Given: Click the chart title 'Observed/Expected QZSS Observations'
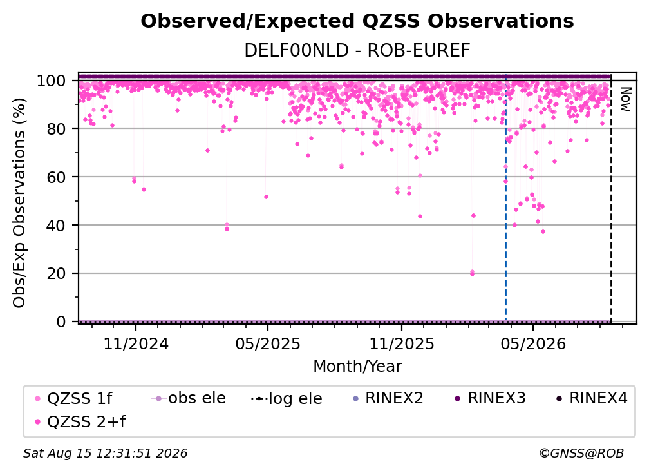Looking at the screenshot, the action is (x=357, y=21).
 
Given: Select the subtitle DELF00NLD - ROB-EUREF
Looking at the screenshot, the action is (x=357, y=50).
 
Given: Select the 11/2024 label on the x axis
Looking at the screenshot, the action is (x=136, y=343).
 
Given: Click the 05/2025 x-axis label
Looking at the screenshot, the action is (x=268, y=343).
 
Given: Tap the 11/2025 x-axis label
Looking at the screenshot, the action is (x=402, y=343).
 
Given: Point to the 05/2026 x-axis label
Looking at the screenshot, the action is (x=533, y=343).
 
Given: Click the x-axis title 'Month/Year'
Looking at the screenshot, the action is (x=357, y=366).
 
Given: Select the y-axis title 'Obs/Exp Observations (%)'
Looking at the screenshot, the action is (x=19, y=203).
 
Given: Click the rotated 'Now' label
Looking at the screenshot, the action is (x=625, y=99).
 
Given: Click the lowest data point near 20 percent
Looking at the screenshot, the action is (x=473, y=274).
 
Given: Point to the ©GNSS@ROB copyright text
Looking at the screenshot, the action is (x=581, y=454).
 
